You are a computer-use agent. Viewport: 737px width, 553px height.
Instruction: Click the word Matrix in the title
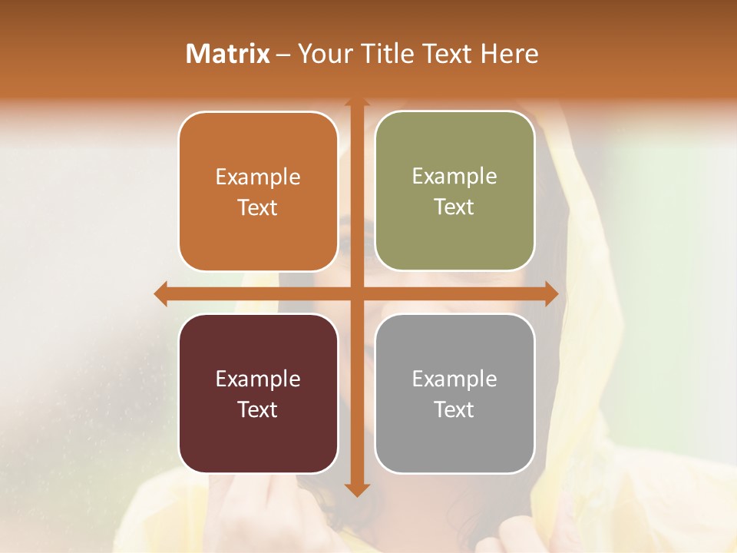tap(228, 54)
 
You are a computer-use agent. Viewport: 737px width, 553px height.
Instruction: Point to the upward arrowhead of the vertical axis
tap(356, 103)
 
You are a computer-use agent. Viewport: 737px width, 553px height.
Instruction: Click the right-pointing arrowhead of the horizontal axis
tap(551, 294)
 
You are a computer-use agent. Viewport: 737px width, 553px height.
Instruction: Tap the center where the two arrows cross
tap(356, 294)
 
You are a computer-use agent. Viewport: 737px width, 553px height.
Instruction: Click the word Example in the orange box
tap(258, 177)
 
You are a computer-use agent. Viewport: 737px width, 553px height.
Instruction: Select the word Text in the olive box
tap(454, 207)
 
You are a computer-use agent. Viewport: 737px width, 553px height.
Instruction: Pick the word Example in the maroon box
tap(258, 379)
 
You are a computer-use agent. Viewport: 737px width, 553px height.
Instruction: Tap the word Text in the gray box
tap(454, 409)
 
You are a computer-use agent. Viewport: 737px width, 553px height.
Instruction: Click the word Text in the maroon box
tap(258, 409)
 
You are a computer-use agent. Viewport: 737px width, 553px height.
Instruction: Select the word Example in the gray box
tap(454, 379)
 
